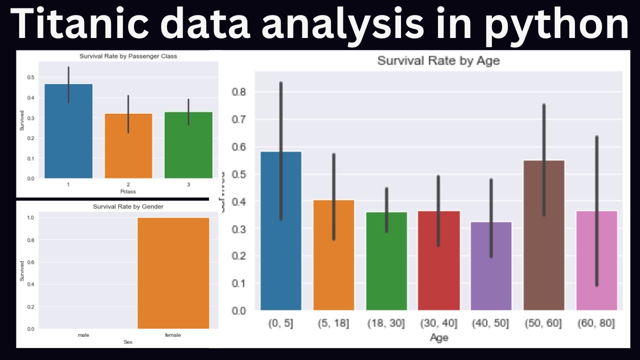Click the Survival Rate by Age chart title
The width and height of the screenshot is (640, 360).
coord(438,61)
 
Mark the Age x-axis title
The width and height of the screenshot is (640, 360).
coord(439,337)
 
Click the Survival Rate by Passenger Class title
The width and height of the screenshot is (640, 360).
coord(128,56)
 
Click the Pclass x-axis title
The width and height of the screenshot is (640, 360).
coord(128,191)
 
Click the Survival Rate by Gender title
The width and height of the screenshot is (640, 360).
coord(128,206)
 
